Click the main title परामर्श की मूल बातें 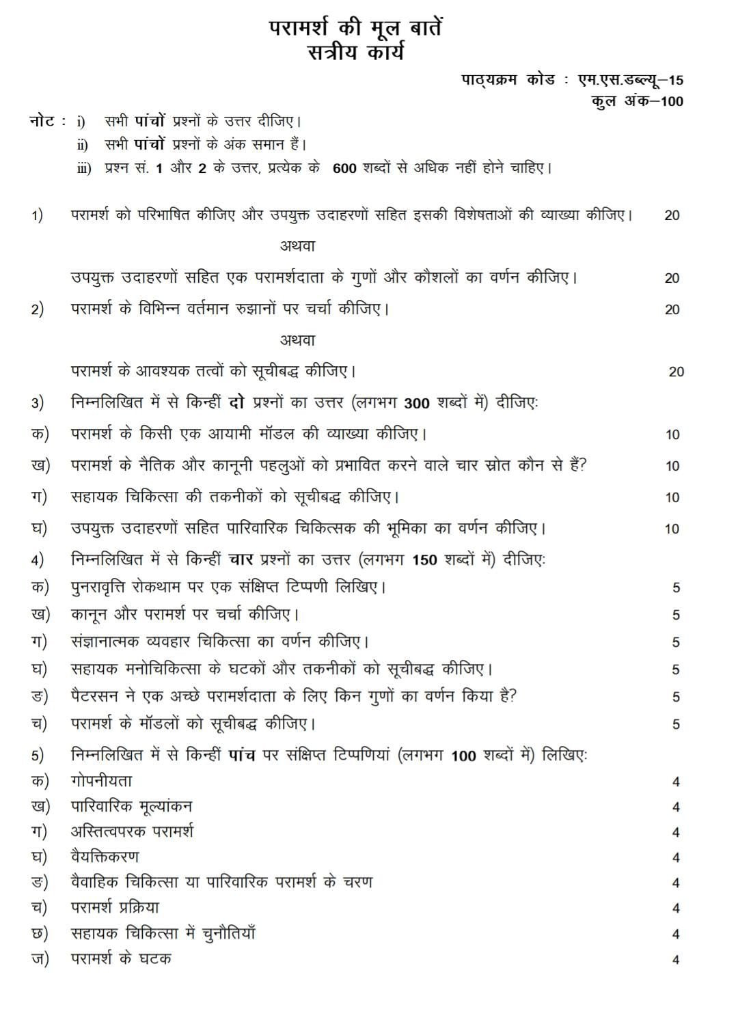tap(355, 28)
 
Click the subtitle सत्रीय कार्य tap(355, 51)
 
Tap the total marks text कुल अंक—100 tap(637, 101)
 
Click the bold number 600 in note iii tap(344, 168)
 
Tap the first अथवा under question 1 tap(297, 246)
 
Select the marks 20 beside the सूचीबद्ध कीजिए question tap(676, 372)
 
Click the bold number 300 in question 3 tap(416, 403)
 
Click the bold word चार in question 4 tap(241, 560)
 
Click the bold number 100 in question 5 tap(463, 756)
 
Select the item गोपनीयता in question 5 tap(101, 781)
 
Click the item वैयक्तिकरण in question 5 tap(105, 857)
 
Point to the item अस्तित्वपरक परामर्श tap(132, 831)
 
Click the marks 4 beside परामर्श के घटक tap(675, 960)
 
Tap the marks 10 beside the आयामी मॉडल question tap(672, 434)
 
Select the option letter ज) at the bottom tap(40, 958)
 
